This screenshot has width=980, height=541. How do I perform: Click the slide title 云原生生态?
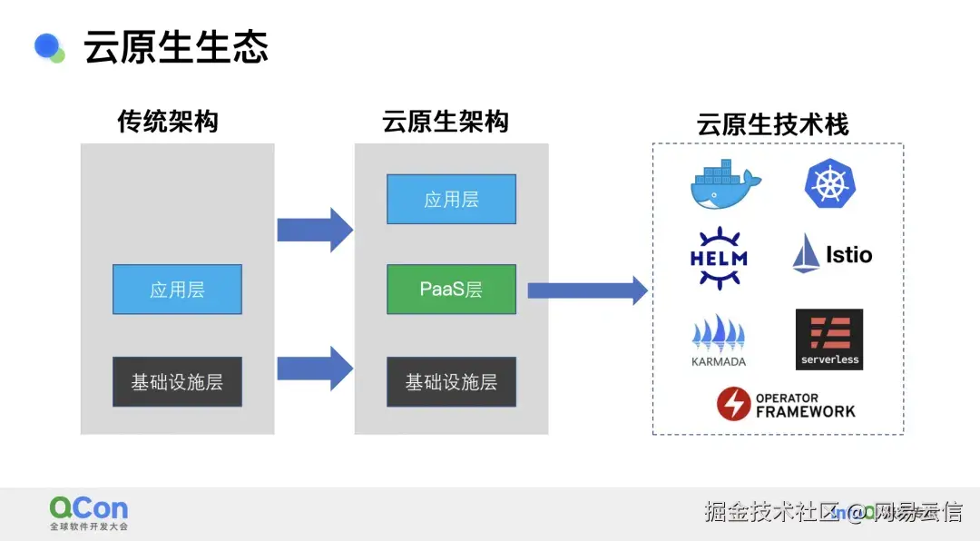pyautogui.click(x=176, y=47)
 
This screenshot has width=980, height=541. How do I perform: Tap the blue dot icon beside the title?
pyautogui.click(x=48, y=46)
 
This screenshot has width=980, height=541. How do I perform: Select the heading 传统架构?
pyautogui.click(x=168, y=122)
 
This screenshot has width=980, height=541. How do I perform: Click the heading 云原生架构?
pyautogui.click(x=445, y=122)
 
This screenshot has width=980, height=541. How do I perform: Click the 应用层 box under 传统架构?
pyautogui.click(x=177, y=290)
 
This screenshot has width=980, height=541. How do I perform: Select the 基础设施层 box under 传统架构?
pyautogui.click(x=177, y=381)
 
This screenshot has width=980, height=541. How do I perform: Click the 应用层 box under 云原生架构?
pyautogui.click(x=451, y=199)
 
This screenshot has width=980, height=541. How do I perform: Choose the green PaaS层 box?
pyautogui.click(x=451, y=290)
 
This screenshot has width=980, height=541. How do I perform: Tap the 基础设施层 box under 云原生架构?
pyautogui.click(x=451, y=381)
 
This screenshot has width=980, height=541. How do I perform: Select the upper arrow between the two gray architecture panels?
pyautogui.click(x=314, y=230)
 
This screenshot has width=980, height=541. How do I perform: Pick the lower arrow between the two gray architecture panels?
pyautogui.click(x=314, y=368)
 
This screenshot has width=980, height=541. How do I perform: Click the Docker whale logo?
pyautogui.click(x=725, y=183)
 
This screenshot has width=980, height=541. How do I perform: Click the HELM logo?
pyautogui.click(x=719, y=257)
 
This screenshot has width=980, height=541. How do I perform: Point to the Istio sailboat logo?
pyautogui.click(x=831, y=254)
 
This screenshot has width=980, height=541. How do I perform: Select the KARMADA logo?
pyautogui.click(x=719, y=340)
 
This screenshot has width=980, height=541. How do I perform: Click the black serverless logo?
pyautogui.click(x=829, y=339)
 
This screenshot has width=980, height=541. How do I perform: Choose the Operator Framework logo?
pyautogui.click(x=786, y=404)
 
